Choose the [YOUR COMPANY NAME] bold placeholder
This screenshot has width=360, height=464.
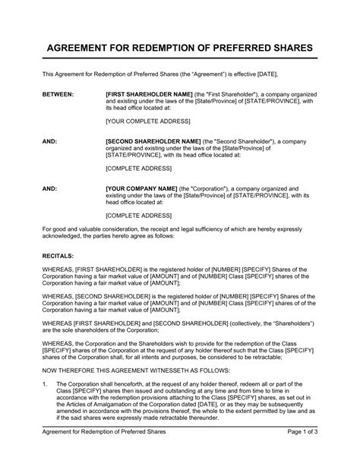pyautogui.click(x=141, y=188)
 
